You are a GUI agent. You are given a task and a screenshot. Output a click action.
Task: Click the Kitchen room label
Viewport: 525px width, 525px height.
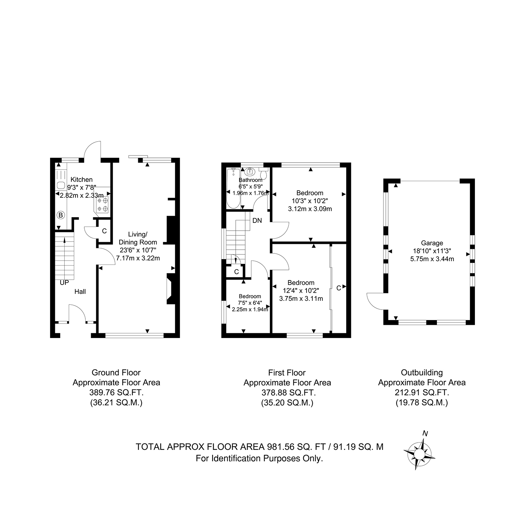click(81, 180)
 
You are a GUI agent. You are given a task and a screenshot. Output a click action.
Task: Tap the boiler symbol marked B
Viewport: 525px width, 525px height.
click(60, 215)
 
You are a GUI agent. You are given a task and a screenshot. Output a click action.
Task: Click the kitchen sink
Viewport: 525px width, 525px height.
click(61, 185)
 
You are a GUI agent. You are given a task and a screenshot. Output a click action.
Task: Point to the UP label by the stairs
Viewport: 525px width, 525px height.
click(64, 282)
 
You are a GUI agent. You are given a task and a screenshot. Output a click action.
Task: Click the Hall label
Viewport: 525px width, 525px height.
click(80, 291)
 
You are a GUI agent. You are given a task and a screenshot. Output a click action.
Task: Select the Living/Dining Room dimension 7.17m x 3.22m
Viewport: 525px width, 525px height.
click(138, 258)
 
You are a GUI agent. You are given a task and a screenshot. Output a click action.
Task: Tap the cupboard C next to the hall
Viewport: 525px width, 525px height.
click(104, 231)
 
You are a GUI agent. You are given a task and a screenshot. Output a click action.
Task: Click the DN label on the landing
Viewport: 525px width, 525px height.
click(257, 220)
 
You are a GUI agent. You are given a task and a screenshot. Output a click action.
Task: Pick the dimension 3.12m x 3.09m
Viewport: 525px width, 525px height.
click(310, 209)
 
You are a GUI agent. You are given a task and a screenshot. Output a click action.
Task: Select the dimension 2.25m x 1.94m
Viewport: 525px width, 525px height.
click(250, 309)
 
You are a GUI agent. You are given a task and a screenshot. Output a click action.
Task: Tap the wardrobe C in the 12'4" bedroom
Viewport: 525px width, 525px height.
click(339, 288)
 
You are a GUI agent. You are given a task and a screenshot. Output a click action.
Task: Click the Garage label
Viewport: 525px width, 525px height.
click(432, 243)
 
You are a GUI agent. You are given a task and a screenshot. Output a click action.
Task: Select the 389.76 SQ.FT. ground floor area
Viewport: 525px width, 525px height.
click(116, 393)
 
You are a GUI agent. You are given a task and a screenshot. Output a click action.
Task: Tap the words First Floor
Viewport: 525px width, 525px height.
click(287, 373)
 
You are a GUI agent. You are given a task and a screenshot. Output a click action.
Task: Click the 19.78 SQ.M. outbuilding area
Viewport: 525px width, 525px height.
click(422, 403)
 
